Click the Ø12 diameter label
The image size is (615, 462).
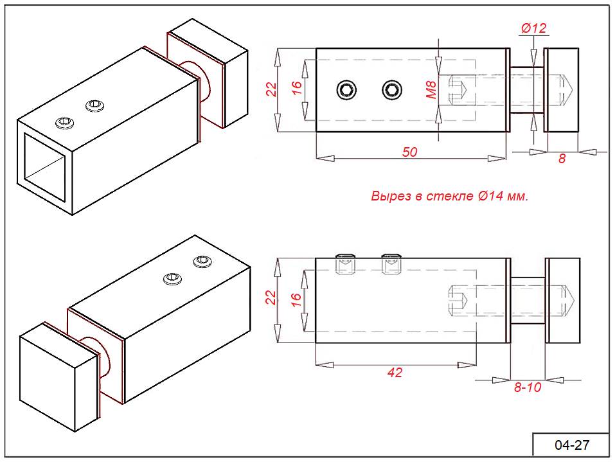coord(533,28)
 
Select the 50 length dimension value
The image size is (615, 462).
coord(409,152)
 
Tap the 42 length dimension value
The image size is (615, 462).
coord(395,372)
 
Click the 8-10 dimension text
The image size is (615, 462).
coord(526,387)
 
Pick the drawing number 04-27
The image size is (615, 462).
coord(571,445)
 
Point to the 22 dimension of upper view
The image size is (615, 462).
coord(271,89)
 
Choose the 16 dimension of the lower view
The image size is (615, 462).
coord(296,299)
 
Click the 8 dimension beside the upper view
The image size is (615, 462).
coord(562,158)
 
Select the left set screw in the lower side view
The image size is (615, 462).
coord(345,263)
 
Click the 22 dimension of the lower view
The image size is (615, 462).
coord(271,298)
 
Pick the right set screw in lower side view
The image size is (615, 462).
coord(390,263)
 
